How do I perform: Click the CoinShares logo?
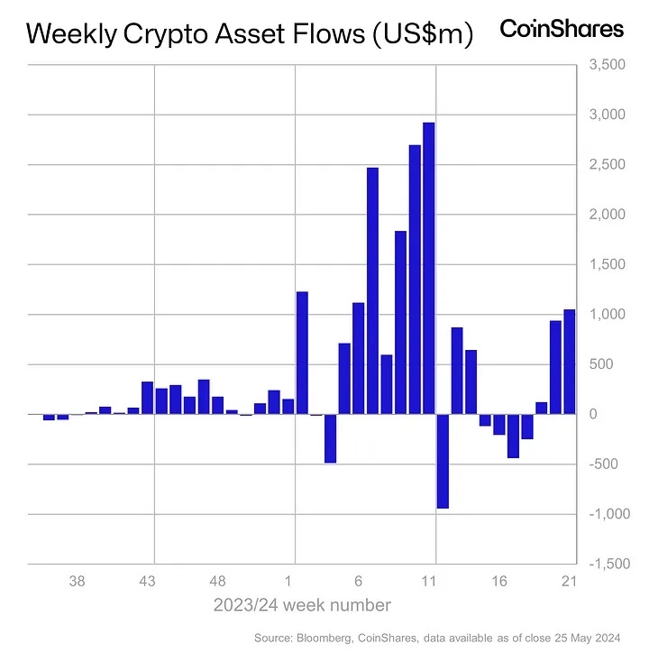(x=562, y=29)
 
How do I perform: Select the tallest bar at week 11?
(x=429, y=268)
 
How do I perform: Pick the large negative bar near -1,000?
(x=443, y=461)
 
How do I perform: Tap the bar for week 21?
(x=569, y=362)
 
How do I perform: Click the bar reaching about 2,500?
(x=372, y=290)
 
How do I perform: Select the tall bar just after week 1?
(x=303, y=353)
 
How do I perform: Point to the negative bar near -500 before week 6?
(x=330, y=438)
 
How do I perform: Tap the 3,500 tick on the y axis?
(x=604, y=65)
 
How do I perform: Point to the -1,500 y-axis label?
(x=602, y=564)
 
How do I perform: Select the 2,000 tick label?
(x=604, y=215)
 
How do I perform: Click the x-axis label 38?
(x=78, y=582)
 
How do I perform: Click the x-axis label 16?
(x=498, y=582)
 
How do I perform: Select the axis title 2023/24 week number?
(x=302, y=604)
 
